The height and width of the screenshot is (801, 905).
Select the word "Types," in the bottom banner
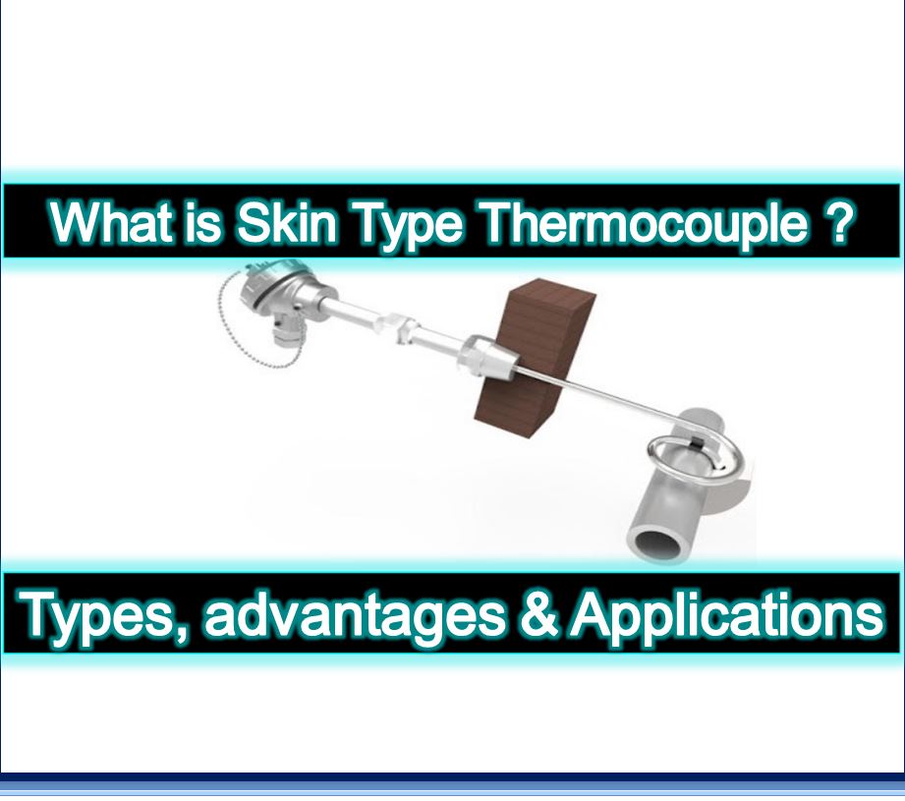[x=101, y=615]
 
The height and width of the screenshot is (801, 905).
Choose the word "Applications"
[x=727, y=615]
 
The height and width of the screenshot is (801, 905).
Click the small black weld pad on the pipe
[x=694, y=447]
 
